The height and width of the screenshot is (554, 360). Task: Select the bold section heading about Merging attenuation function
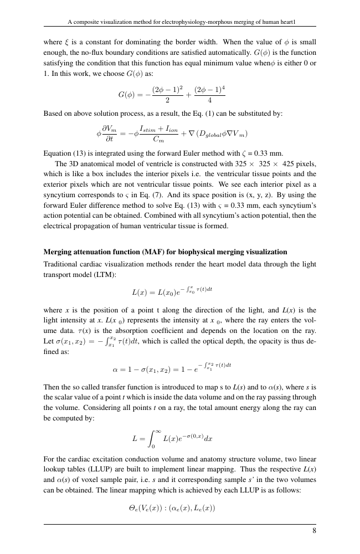pos(165,252)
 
